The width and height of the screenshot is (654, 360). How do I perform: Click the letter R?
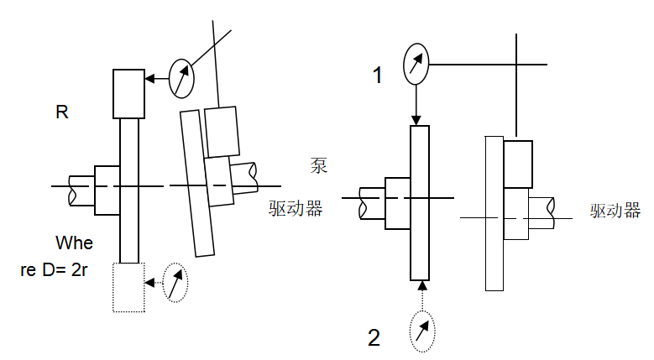coord(61,112)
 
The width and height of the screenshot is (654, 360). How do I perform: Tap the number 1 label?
coord(378,76)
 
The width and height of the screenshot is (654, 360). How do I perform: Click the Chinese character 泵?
coord(319,164)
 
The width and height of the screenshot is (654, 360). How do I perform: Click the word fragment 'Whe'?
coord(74,243)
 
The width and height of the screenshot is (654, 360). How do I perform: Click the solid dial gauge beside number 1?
coord(416,63)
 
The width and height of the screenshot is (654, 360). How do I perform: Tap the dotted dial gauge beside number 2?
coord(422,331)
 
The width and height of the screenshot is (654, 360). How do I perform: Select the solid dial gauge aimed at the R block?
coord(181,79)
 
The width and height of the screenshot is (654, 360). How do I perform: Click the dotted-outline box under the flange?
coord(129,288)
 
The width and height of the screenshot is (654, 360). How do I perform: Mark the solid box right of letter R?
coord(129,94)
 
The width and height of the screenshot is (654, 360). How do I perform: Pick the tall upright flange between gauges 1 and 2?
coord(421,202)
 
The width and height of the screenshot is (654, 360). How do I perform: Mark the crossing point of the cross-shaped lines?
coord(515,64)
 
